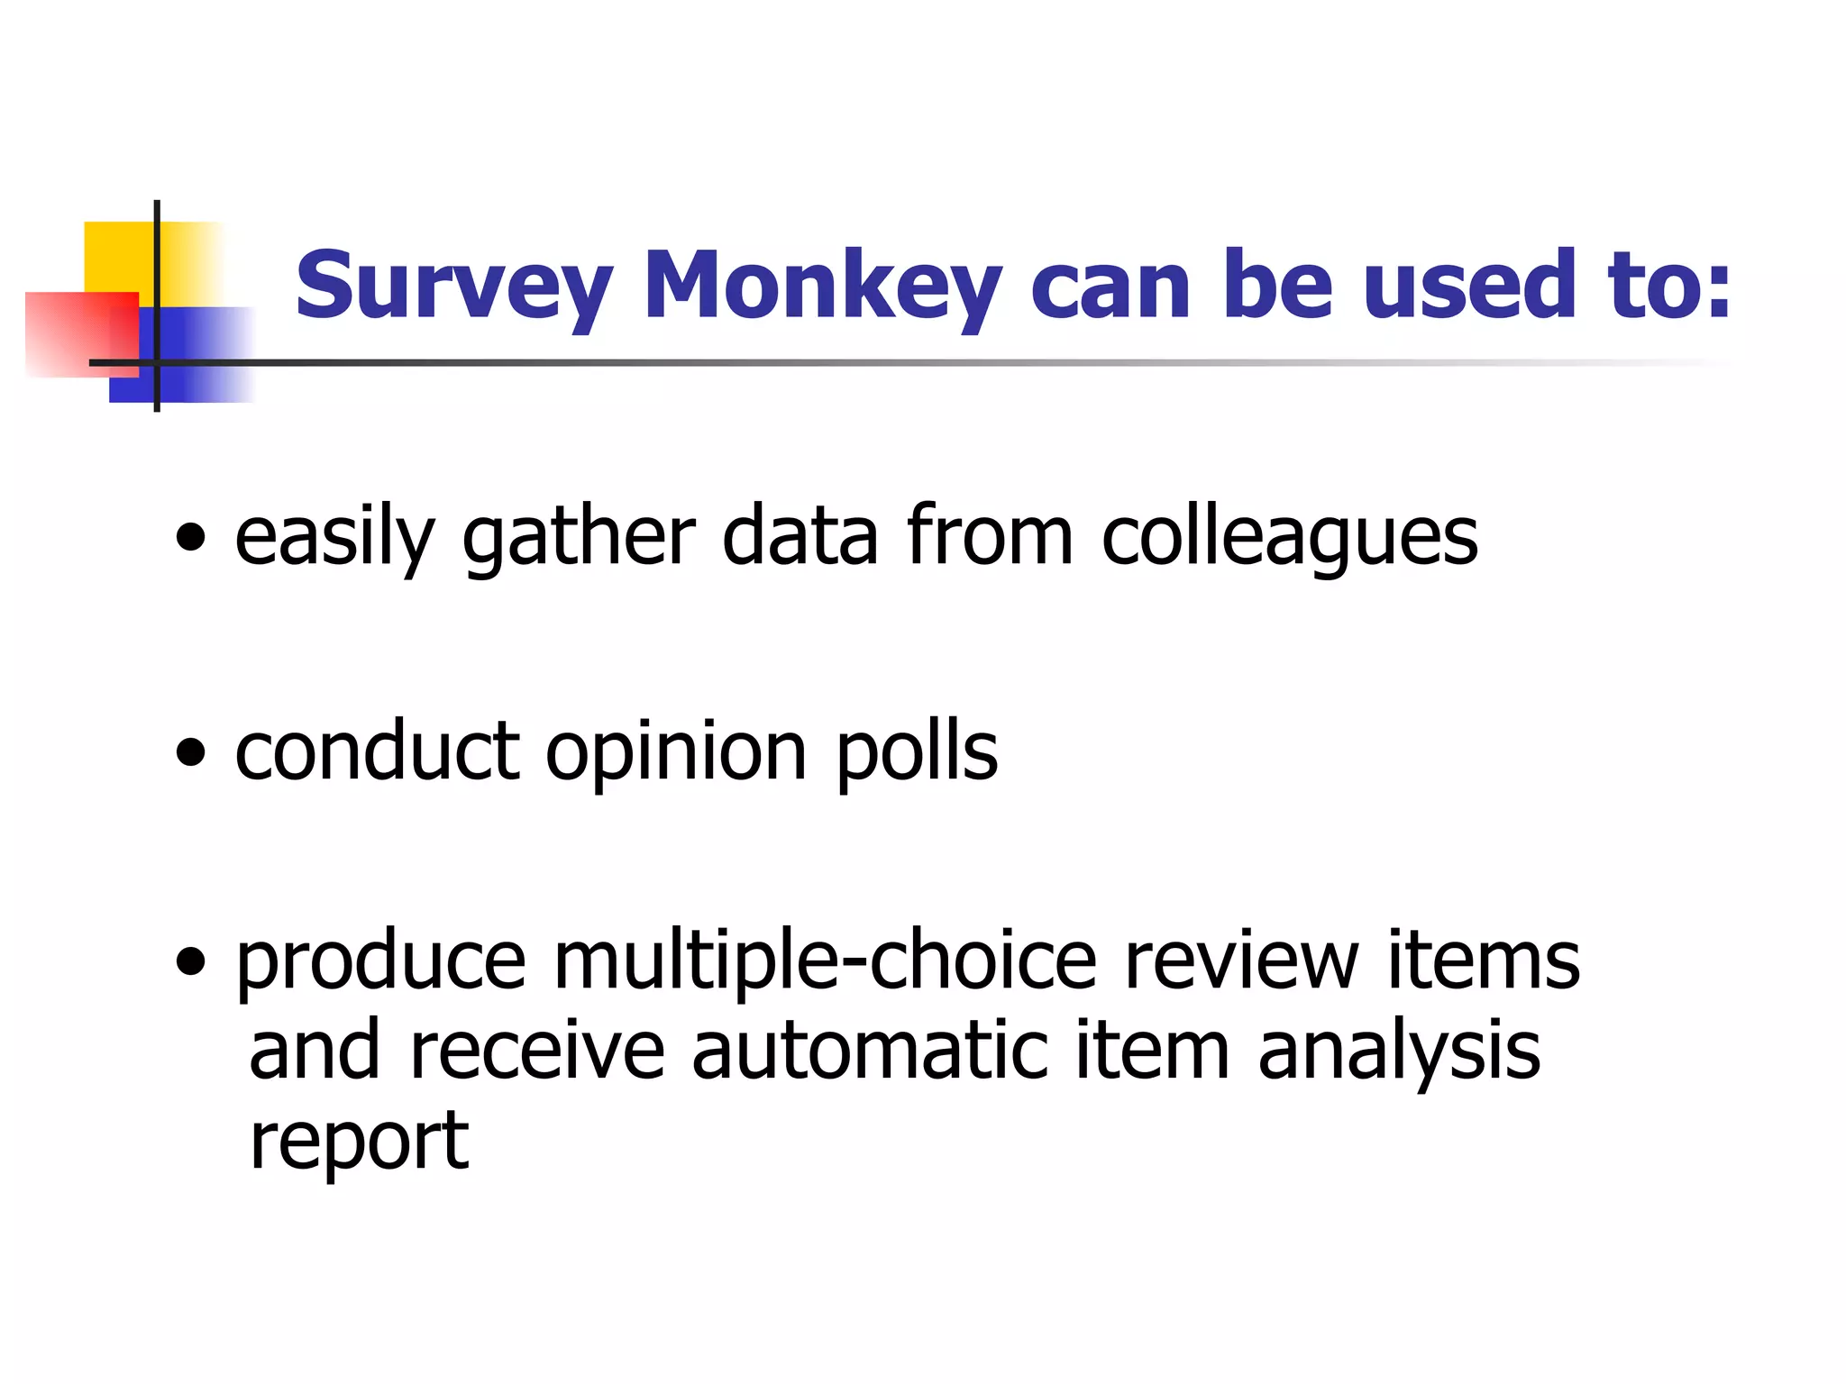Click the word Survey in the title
pyautogui.click(x=453, y=286)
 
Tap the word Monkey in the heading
pyautogui.click(x=822, y=286)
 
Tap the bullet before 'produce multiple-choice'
pyautogui.click(x=191, y=962)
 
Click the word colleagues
pyautogui.click(x=1289, y=539)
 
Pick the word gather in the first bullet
pyautogui.click(x=578, y=539)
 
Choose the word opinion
pyautogui.click(x=676, y=753)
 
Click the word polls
pyautogui.click(x=917, y=753)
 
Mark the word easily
pyautogui.click(x=334, y=539)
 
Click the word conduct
pyautogui.click(x=377, y=751)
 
